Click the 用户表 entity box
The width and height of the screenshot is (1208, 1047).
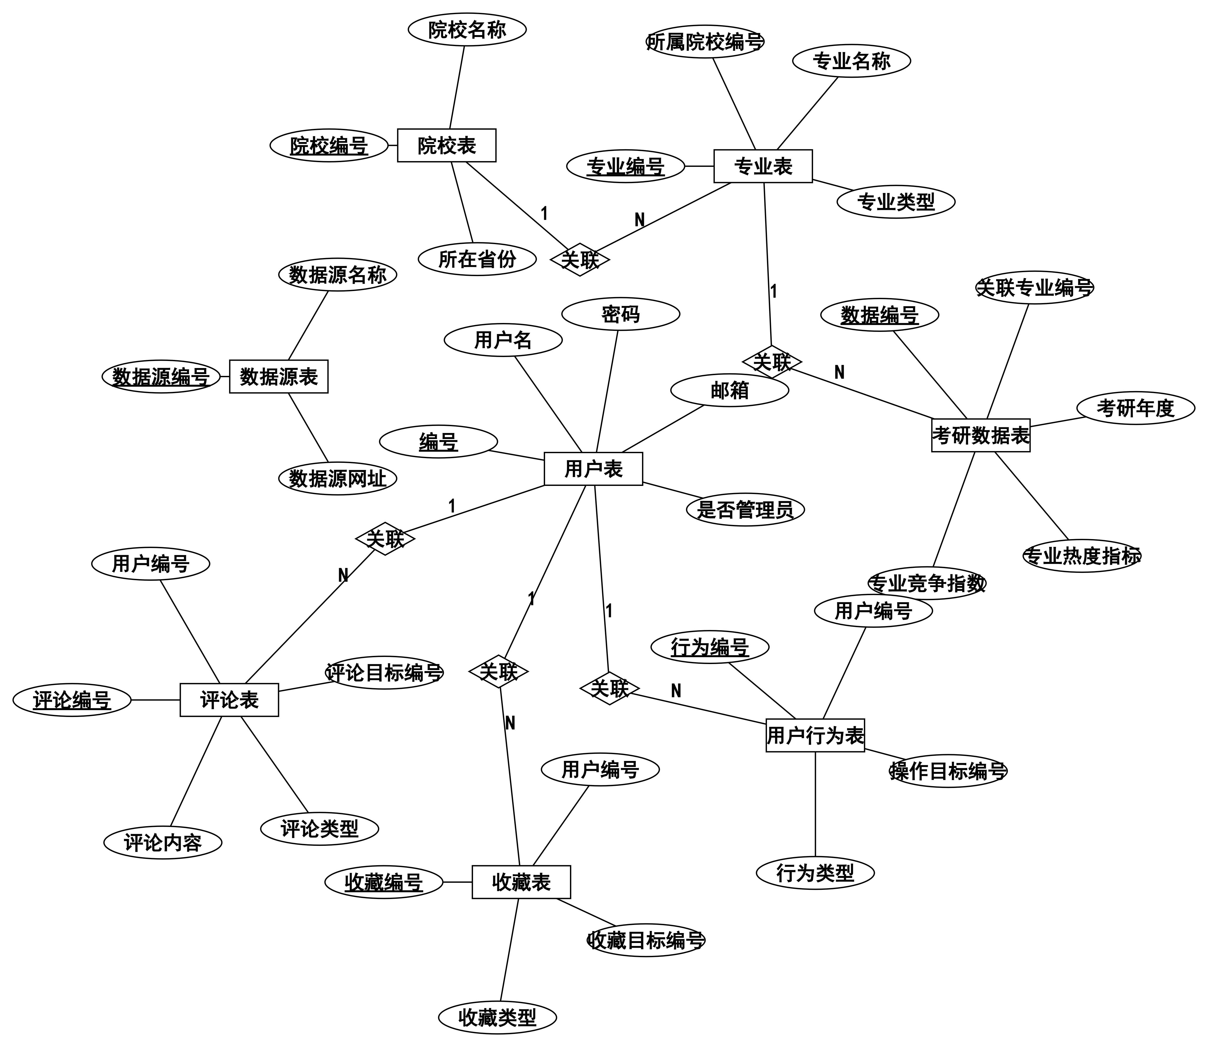coord(593,469)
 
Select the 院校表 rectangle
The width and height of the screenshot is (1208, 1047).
coord(447,145)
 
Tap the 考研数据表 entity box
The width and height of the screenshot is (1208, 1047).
coord(980,435)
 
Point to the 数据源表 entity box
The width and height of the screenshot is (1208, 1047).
coord(278,377)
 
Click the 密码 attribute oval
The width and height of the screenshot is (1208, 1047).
coord(621,314)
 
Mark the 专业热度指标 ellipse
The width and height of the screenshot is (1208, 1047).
coord(1082,556)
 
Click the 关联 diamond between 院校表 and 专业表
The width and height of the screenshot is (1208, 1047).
coord(580,259)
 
